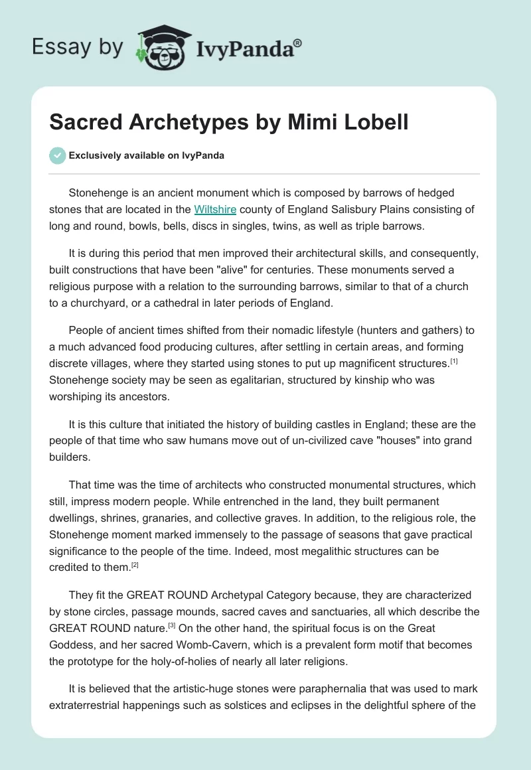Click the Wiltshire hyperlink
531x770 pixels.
(x=215, y=210)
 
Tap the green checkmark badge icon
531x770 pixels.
(x=57, y=156)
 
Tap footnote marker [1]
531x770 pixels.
(x=454, y=360)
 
